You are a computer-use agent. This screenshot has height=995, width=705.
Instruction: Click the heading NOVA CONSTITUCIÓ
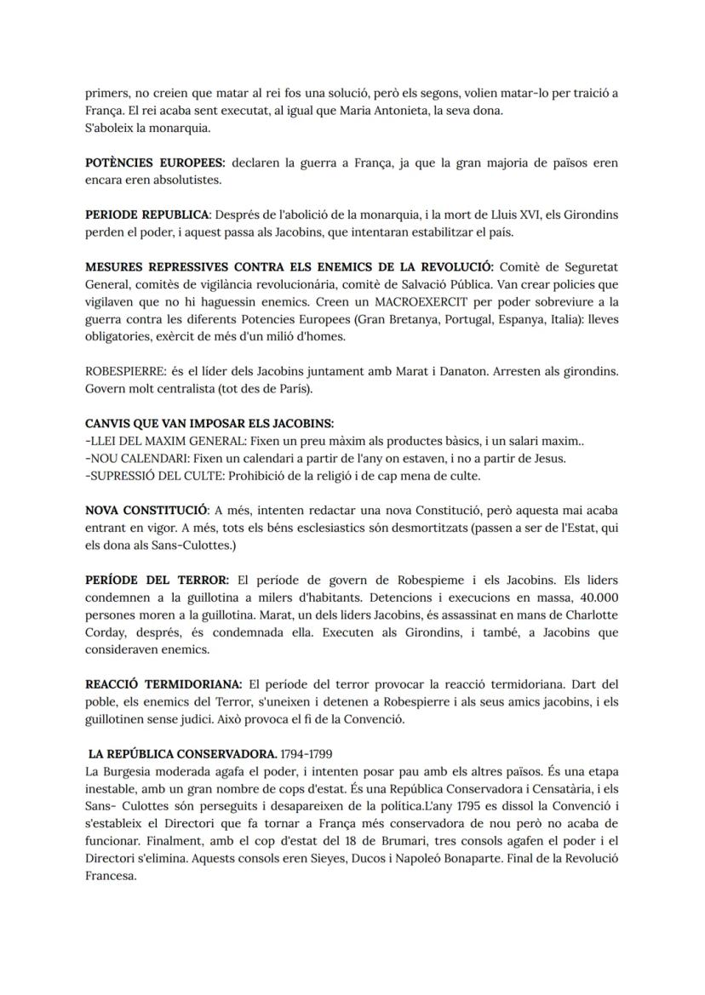click(x=146, y=511)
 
